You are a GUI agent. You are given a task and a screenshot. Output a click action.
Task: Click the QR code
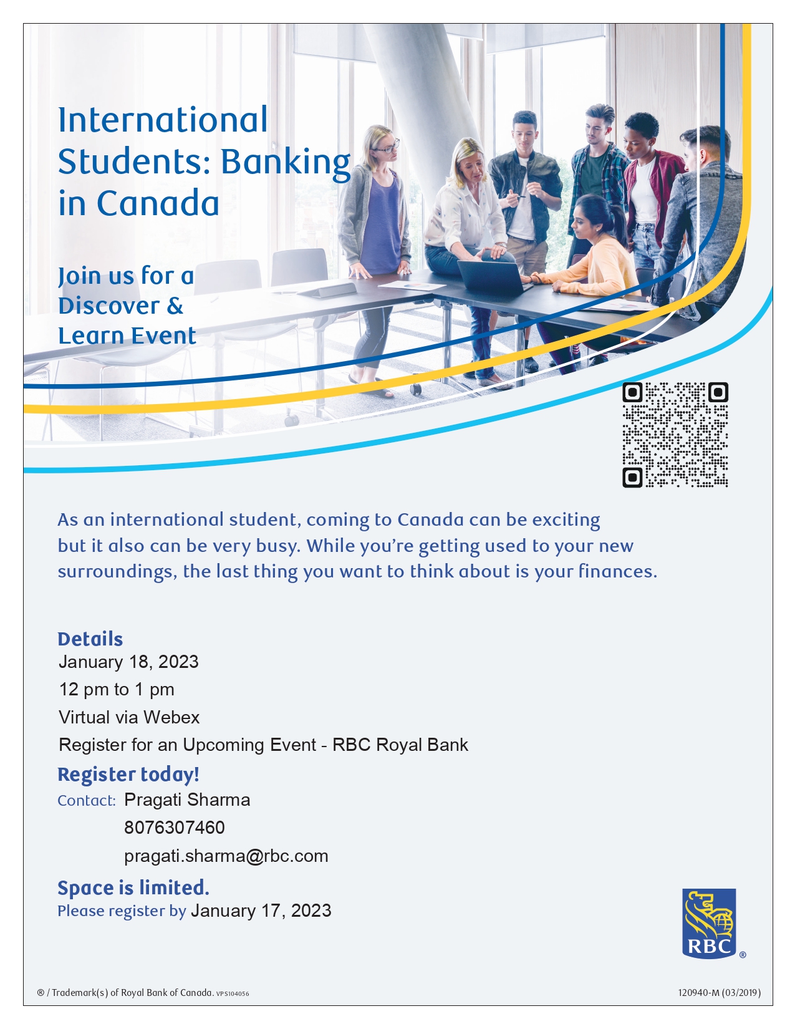(x=675, y=435)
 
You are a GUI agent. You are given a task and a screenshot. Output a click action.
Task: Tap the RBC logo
(x=709, y=923)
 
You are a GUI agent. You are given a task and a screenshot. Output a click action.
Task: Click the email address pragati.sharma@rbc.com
(x=226, y=856)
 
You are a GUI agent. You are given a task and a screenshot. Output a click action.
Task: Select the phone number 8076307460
(x=174, y=828)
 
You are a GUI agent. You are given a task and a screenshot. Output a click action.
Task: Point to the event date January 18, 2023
(x=128, y=662)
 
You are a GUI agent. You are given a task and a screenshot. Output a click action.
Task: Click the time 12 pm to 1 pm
(x=117, y=689)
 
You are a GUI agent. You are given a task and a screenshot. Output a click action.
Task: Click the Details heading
(x=90, y=639)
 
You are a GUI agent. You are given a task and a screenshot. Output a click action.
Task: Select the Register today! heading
(x=128, y=774)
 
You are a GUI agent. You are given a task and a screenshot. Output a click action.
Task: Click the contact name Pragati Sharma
(x=187, y=800)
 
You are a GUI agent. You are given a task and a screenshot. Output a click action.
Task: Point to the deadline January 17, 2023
(x=261, y=911)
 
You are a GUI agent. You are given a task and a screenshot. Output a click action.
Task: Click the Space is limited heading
(x=133, y=887)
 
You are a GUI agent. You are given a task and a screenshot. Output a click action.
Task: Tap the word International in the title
(x=163, y=120)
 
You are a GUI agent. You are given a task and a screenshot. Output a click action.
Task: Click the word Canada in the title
(x=158, y=203)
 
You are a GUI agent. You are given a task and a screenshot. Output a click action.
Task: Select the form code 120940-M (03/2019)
(x=719, y=992)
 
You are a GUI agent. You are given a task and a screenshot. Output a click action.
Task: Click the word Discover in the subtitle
(x=109, y=306)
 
